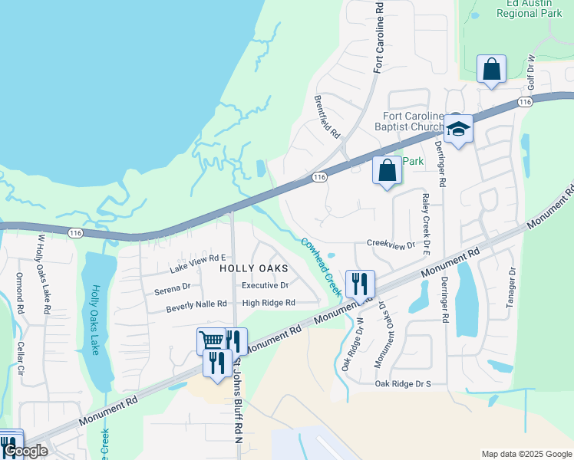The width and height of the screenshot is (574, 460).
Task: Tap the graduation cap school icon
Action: point(458,129)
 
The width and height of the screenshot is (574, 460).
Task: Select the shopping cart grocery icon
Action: point(210,340)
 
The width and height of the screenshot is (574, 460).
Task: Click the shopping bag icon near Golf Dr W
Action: point(491,69)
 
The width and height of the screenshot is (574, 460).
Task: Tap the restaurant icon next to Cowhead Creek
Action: point(359,284)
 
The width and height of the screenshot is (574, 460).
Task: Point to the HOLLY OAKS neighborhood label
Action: point(254,268)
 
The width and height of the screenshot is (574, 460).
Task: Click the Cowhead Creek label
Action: point(321,267)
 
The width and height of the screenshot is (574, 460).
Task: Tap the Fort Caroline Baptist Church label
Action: point(408,121)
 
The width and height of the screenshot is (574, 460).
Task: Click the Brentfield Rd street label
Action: point(327,117)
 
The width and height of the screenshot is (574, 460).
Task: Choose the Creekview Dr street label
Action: point(391,245)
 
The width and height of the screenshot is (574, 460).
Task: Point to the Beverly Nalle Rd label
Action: point(196,304)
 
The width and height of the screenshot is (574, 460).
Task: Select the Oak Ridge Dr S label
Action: point(403,383)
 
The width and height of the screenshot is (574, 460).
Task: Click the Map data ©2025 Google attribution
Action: point(526,454)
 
